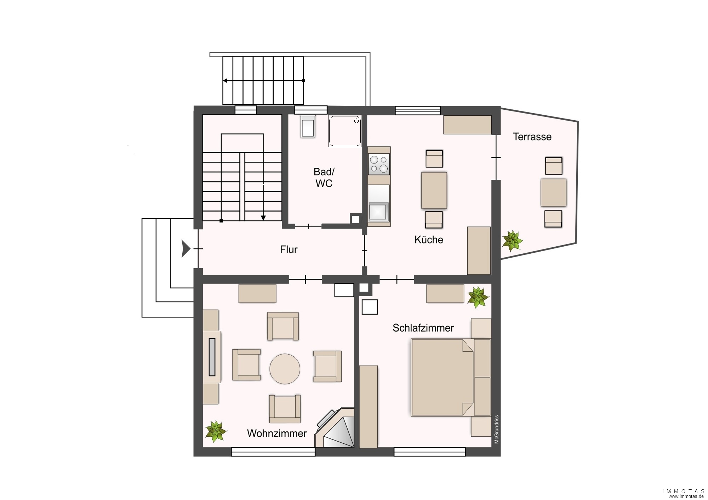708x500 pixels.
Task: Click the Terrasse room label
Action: point(532,137)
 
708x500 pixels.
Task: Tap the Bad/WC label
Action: point(324,177)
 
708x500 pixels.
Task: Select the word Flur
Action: point(289,249)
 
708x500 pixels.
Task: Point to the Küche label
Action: point(429,240)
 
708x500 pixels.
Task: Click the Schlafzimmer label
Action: point(423,328)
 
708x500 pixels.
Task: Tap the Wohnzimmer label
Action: point(277,433)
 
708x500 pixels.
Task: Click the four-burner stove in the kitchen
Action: point(379,164)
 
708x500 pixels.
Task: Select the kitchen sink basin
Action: point(378,212)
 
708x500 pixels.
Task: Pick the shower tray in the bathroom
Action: point(345,131)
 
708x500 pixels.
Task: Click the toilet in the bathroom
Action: point(308,126)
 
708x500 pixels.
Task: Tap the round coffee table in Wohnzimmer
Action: point(285,369)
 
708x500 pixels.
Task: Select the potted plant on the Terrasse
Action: point(512,241)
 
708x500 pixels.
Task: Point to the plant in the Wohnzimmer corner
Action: point(216,431)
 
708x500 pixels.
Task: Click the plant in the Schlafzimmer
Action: point(478,297)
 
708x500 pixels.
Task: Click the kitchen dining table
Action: point(434,190)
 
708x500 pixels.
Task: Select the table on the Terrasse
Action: point(553,192)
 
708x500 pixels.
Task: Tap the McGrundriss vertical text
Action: point(497,429)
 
